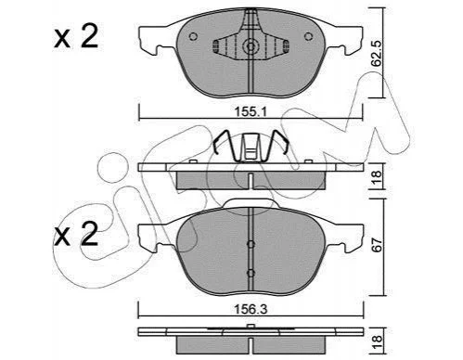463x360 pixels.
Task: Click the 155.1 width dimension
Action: pyautogui.click(x=251, y=112)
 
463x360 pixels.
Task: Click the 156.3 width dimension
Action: pyautogui.click(x=251, y=310)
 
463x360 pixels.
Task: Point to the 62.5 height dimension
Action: pyautogui.click(x=377, y=53)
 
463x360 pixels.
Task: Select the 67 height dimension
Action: pyautogui.click(x=377, y=245)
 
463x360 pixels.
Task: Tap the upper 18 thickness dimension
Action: pyautogui.click(x=377, y=177)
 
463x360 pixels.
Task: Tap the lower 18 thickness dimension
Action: pyautogui.click(x=377, y=342)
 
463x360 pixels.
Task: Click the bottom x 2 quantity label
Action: pyautogui.click(x=76, y=234)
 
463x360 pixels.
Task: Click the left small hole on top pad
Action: pyautogui.click(x=193, y=36)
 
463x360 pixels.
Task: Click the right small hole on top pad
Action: pyautogui.click(x=308, y=36)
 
